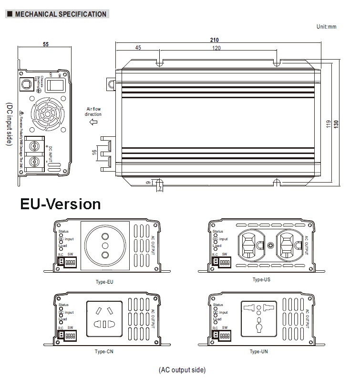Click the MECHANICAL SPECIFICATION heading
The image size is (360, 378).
[60, 14]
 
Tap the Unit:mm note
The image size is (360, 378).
[326, 27]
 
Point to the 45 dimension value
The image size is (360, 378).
[138, 48]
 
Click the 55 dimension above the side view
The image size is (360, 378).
[46, 45]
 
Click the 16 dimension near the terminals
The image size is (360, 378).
[94, 153]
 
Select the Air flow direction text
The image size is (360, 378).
[93, 112]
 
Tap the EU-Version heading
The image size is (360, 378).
[61, 204]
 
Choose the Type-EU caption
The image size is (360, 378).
[104, 282]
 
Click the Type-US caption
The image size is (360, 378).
[261, 279]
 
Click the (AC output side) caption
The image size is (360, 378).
[182, 369]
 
